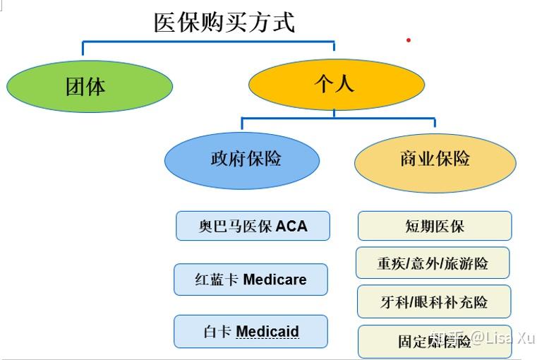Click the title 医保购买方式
coord(224,22)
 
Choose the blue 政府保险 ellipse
coord(242,160)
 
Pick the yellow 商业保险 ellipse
coord(435,160)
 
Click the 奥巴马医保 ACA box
coord(253,226)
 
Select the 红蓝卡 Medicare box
coord(251,280)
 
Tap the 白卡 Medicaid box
coord(251,332)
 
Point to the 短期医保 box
coord(435,227)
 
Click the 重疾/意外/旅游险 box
coord(433,264)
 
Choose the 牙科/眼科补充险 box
coord(434,302)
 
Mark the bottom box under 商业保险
coord(434,342)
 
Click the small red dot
coord(408,40)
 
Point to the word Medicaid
coord(267,332)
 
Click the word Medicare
coord(274,280)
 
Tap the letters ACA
coord(291,227)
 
